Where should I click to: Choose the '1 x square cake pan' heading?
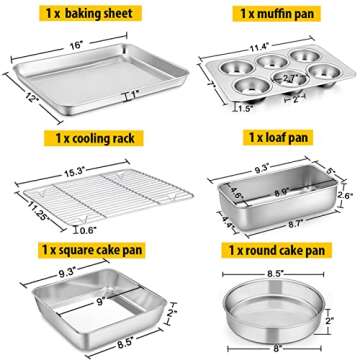pos(88,247)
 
